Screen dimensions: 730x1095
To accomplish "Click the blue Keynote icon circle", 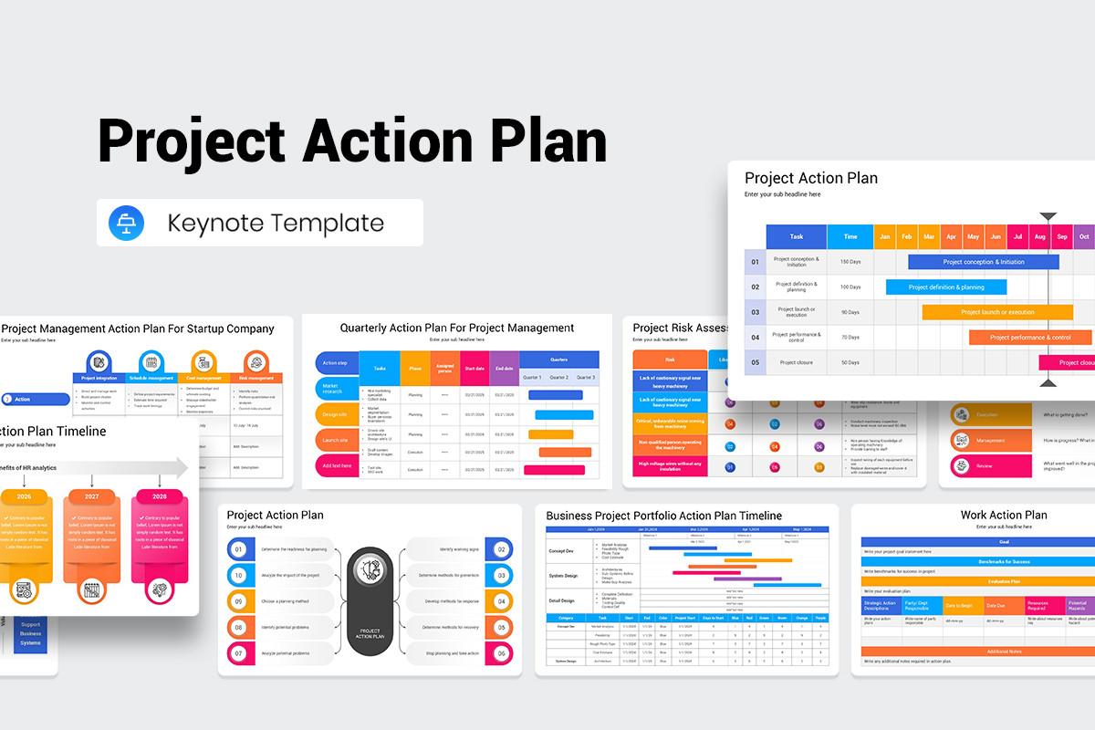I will [126, 223].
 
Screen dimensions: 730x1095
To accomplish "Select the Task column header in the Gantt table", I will [796, 236].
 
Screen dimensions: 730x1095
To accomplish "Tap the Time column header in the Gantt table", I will [850, 236].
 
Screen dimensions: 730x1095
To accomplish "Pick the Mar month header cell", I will [929, 236].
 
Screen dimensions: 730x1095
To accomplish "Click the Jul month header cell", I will [1017, 236].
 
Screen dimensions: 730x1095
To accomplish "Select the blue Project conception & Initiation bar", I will [983, 262].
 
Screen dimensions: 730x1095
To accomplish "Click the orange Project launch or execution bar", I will [996, 312].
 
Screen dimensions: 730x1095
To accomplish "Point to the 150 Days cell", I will [850, 262].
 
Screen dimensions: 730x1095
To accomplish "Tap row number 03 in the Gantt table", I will [755, 312].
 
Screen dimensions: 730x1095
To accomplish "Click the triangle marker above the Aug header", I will [1048, 216].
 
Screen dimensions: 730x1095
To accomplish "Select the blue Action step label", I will [336, 363].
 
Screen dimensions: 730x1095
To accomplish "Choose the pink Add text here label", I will [336, 465].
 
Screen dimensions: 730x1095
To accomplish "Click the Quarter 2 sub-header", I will [558, 377].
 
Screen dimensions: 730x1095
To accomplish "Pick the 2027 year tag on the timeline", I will [91, 497].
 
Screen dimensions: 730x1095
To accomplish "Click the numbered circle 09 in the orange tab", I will [238, 601].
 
